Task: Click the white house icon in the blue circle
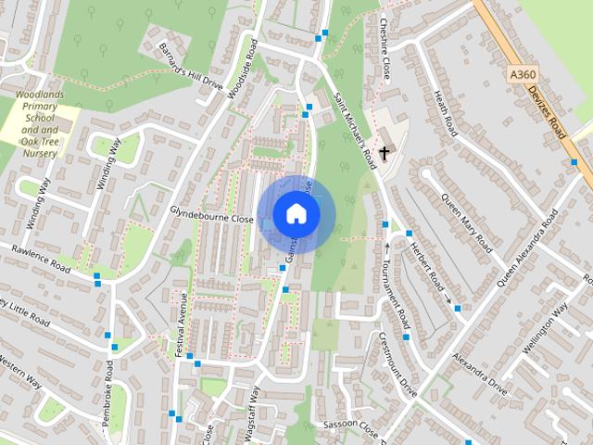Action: click(x=296, y=213)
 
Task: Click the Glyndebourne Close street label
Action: click(x=211, y=215)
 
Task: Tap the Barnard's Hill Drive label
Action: click(x=191, y=66)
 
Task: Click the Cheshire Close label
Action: click(x=383, y=46)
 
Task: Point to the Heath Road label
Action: click(x=444, y=115)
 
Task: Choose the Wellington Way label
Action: click(x=547, y=327)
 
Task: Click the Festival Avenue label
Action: click(x=183, y=320)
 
